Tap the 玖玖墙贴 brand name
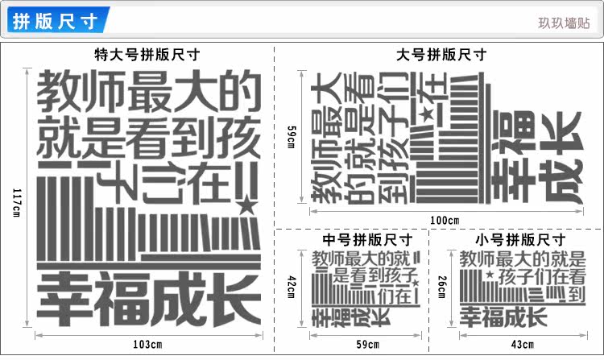tap(564, 23)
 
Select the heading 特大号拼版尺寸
tap(147, 55)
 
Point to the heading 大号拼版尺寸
tap(442, 55)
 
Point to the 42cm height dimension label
tap(292, 287)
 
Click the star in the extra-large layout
tap(244, 206)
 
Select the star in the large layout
tap(425, 115)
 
